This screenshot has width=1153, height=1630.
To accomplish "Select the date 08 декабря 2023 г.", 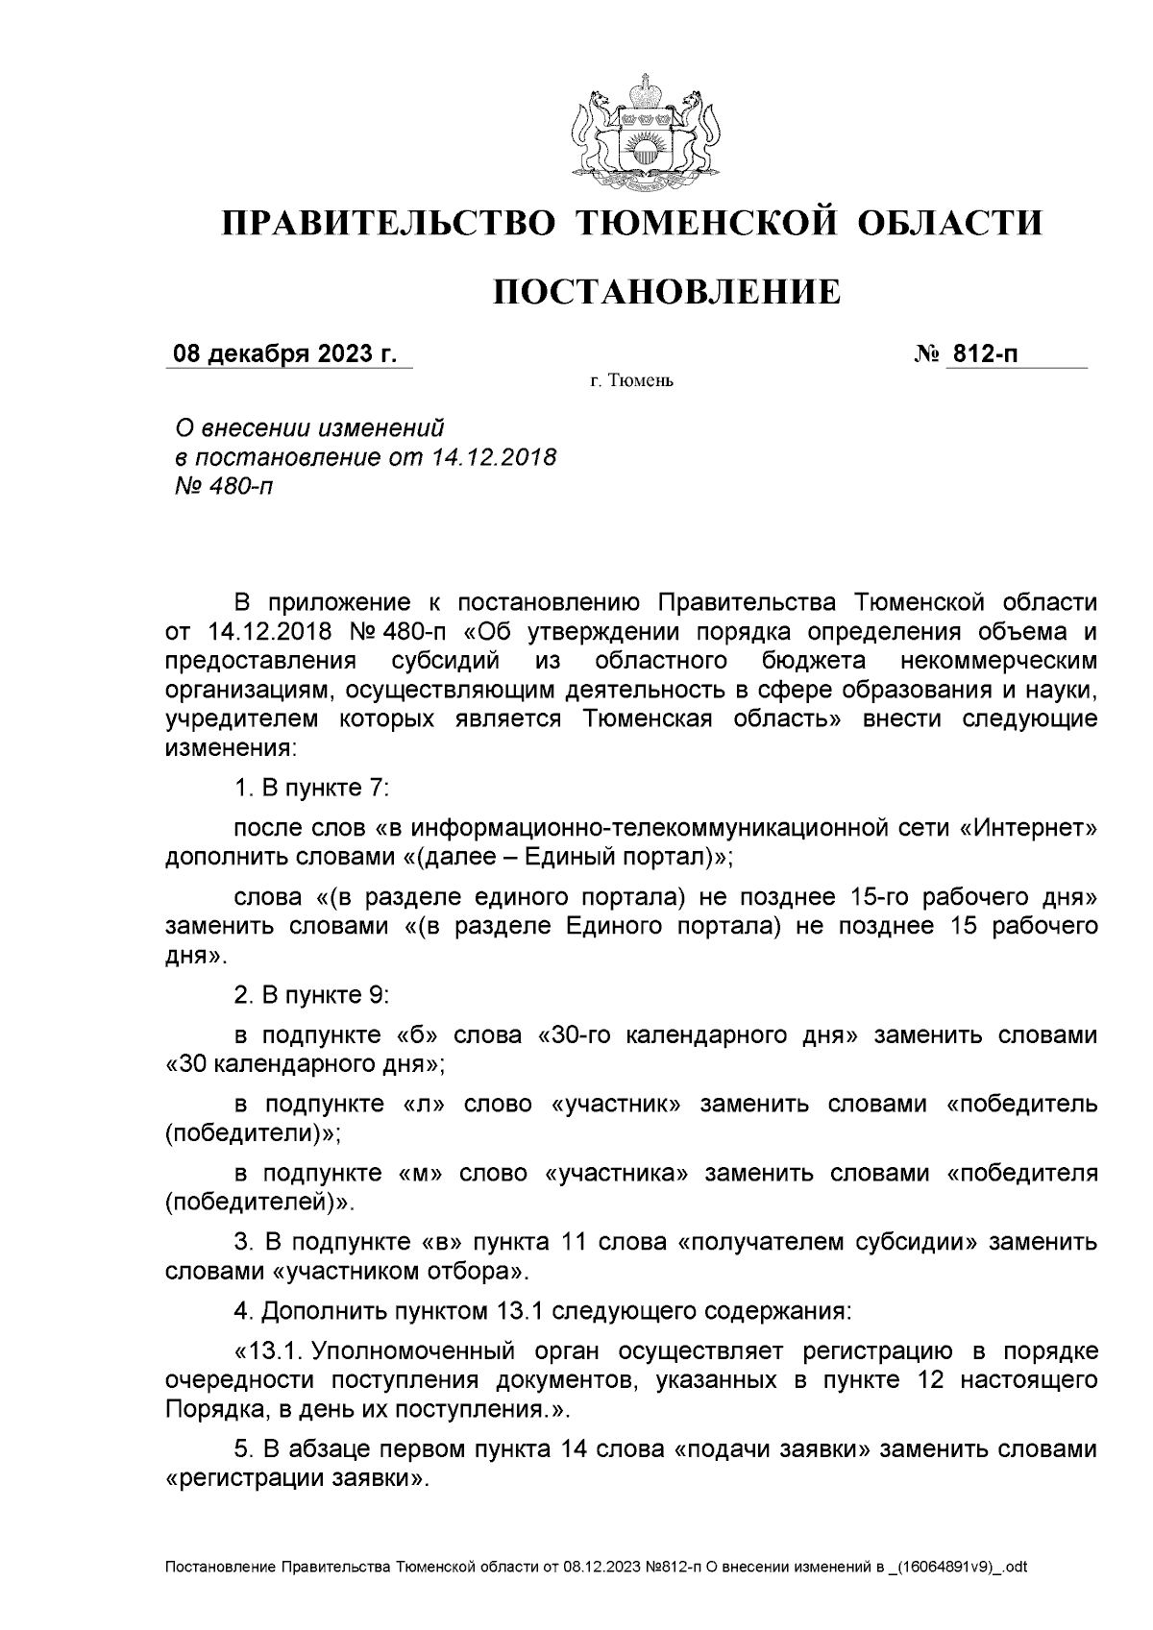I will pyautogui.click(x=283, y=354).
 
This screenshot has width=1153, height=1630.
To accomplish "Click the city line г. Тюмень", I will pyautogui.click(x=632, y=382).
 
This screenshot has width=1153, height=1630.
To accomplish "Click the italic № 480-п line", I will pyautogui.click(x=220, y=486).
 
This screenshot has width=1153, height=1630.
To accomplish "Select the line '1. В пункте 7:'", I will pyautogui.click(x=311, y=788).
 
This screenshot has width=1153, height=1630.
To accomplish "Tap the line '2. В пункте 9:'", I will pyautogui.click(x=311, y=995).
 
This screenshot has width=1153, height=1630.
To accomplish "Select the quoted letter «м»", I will pyautogui.click(x=419, y=1173).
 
